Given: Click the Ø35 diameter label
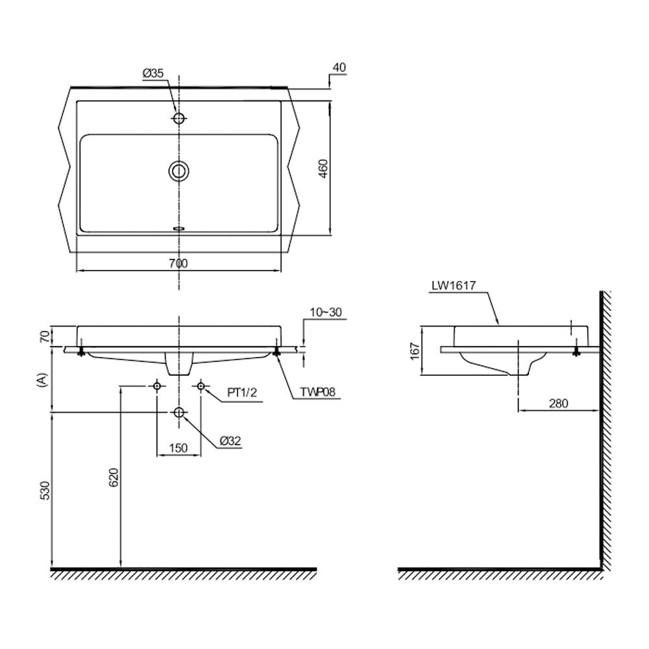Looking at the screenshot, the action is click(153, 73).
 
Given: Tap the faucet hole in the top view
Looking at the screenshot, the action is click(179, 118).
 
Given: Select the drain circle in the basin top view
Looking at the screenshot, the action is click(179, 171).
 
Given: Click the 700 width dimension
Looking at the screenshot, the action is click(178, 263).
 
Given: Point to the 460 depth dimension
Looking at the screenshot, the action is click(323, 169).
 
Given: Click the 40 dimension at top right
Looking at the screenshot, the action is click(339, 67).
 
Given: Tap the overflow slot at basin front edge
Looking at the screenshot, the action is click(179, 228).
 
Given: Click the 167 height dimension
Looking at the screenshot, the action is click(415, 351).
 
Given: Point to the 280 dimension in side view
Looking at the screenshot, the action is click(558, 403).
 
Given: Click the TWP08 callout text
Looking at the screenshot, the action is click(317, 391).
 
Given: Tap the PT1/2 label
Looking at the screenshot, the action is click(242, 392).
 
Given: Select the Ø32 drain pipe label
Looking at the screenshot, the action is click(230, 441).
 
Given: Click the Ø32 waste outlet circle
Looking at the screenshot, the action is click(179, 412).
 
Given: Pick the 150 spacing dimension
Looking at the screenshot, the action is click(178, 448).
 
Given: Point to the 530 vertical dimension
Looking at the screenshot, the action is click(45, 490).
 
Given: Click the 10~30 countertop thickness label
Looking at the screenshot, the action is click(326, 312).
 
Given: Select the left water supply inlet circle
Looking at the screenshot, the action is click(157, 386).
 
